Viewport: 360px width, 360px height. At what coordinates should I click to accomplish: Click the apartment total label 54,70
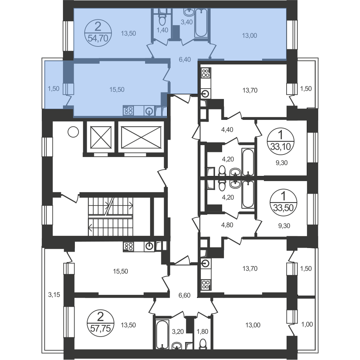(98, 38)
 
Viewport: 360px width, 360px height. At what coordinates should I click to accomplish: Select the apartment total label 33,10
(280, 146)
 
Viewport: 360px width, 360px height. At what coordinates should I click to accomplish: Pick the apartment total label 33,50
(284, 208)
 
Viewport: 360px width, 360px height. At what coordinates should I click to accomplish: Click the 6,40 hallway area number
(185, 59)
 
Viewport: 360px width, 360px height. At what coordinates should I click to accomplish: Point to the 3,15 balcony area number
(54, 294)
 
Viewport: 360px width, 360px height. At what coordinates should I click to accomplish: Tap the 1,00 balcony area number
(307, 324)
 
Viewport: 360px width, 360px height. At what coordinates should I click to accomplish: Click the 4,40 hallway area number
(227, 130)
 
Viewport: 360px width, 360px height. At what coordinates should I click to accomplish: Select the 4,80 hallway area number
(227, 225)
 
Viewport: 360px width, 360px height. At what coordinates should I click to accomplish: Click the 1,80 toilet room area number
(202, 332)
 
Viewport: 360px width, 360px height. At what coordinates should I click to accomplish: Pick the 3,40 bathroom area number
(186, 22)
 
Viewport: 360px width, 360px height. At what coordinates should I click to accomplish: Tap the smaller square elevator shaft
(101, 138)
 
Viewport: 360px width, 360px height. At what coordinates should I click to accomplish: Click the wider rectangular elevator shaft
(141, 138)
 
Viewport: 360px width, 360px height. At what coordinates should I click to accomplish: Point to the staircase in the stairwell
(111, 216)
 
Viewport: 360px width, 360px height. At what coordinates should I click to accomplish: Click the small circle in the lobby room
(73, 132)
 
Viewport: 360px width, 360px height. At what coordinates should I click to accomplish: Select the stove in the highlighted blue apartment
(129, 111)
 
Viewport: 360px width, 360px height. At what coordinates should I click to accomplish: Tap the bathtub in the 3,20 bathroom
(162, 334)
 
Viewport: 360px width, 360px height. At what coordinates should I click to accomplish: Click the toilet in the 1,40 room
(162, 19)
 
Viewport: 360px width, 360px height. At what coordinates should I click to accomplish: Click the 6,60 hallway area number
(184, 295)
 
